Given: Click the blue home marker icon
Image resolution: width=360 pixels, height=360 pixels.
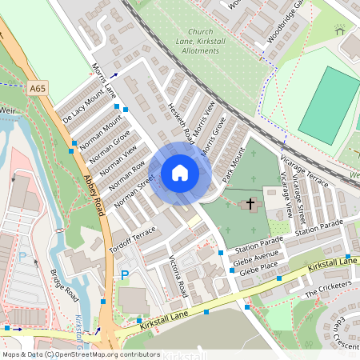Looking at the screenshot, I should [180, 173].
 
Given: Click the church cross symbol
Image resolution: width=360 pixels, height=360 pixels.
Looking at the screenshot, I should [250, 205].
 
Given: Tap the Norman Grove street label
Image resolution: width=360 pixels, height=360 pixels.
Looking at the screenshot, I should [110, 149].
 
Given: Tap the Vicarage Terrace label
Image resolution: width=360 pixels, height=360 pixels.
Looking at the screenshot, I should [305, 170].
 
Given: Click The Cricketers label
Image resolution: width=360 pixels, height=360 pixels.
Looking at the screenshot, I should [328, 290].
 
